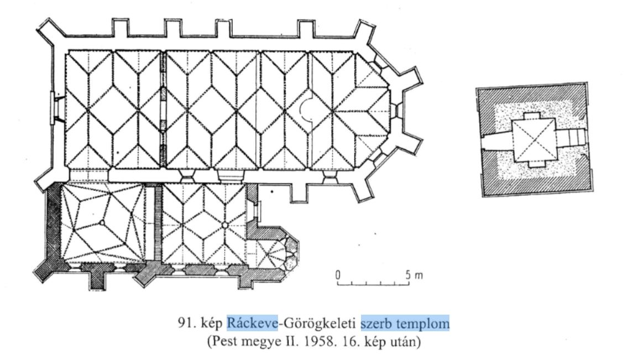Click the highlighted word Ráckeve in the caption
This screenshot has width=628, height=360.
pyautogui.click(x=252, y=323)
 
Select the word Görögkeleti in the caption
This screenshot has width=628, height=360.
pyautogui.click(x=318, y=323)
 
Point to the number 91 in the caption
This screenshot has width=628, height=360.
pyautogui.click(x=185, y=324)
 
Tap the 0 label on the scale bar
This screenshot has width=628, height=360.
pyautogui.click(x=338, y=275)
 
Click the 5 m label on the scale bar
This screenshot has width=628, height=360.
pyautogui.click(x=415, y=275)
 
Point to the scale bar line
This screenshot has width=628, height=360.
pyautogui.click(x=373, y=284)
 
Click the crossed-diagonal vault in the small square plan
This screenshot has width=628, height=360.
pyautogui.click(x=534, y=140)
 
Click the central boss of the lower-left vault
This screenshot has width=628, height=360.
pyautogui.click(x=102, y=223)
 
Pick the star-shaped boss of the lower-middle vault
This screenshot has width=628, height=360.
pyautogui.click(x=224, y=225)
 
